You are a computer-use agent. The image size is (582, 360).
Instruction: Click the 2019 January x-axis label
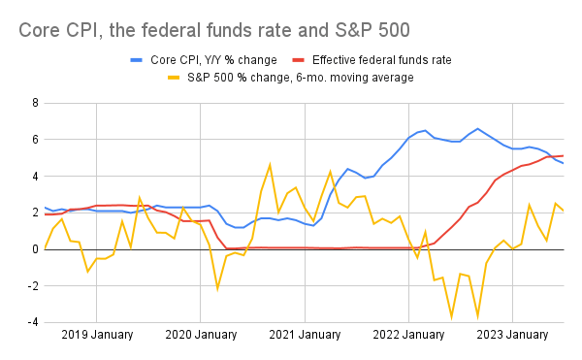tap(97, 337)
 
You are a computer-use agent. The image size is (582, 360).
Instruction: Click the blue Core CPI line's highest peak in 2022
tap(477, 128)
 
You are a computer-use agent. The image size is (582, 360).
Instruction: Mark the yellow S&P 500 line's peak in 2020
tap(270, 165)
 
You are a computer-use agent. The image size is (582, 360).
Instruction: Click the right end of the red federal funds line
tap(564, 156)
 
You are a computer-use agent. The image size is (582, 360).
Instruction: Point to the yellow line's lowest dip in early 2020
tap(217, 289)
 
